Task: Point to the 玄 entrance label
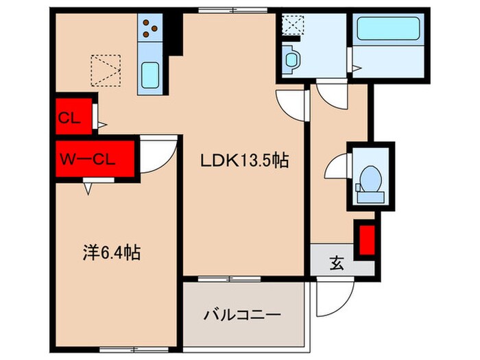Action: (x=337, y=261)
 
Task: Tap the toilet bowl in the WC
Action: (x=370, y=179)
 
